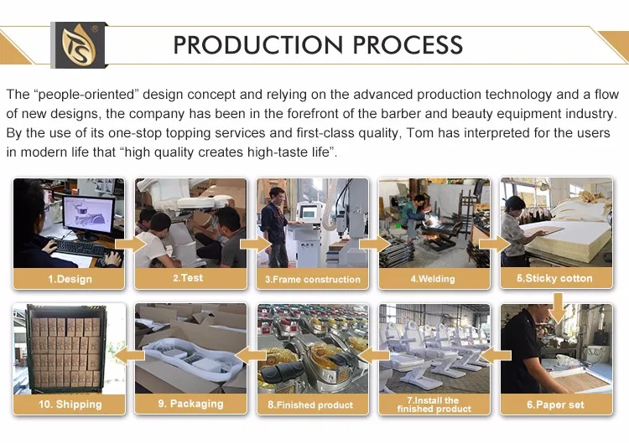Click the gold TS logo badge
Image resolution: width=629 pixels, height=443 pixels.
[79, 45]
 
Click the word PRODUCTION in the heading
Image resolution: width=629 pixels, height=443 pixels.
[258, 44]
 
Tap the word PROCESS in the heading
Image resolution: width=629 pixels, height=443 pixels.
[408, 44]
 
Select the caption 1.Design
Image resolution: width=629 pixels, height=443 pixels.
[70, 279]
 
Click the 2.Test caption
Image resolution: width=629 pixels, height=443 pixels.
[188, 278]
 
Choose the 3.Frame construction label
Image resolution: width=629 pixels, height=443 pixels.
[313, 279]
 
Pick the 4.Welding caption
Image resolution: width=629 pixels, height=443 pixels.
[433, 279]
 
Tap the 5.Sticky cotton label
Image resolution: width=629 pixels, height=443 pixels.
[554, 278]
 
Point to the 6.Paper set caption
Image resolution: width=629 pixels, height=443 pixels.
[555, 404]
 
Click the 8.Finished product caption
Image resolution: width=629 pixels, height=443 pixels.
[310, 405]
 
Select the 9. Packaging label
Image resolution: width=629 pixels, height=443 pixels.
[190, 404]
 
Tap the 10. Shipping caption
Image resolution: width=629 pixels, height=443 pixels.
[70, 404]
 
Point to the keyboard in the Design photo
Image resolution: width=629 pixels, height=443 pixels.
[80, 249]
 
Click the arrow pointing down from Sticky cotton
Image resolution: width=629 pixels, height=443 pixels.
[558, 307]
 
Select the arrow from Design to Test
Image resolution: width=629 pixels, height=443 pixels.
[131, 244]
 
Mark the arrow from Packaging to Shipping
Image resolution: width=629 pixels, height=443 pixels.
[129, 355]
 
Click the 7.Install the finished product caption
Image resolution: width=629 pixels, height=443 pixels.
[434, 404]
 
